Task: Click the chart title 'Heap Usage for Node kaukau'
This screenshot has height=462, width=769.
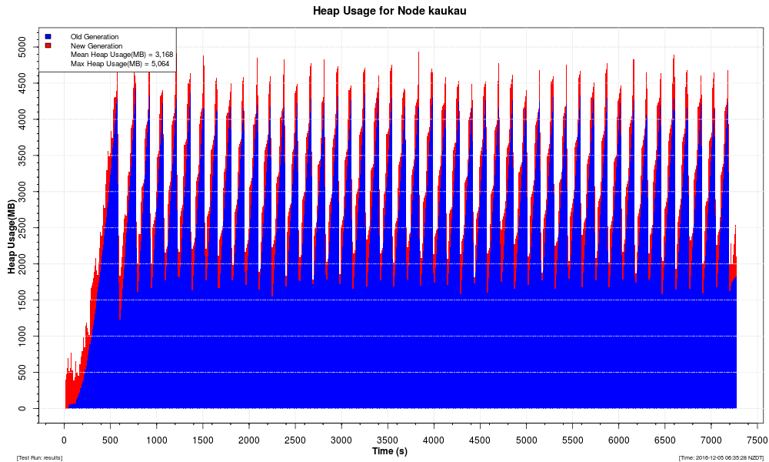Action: [x=390, y=12]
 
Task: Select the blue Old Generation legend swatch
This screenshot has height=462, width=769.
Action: [x=48, y=36]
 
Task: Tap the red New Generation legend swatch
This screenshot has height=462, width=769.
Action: [x=48, y=45]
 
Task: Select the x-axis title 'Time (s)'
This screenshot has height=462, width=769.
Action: [x=390, y=450]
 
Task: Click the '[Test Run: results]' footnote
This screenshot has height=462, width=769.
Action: [x=39, y=458]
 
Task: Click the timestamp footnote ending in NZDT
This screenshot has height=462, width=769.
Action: [x=721, y=458]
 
